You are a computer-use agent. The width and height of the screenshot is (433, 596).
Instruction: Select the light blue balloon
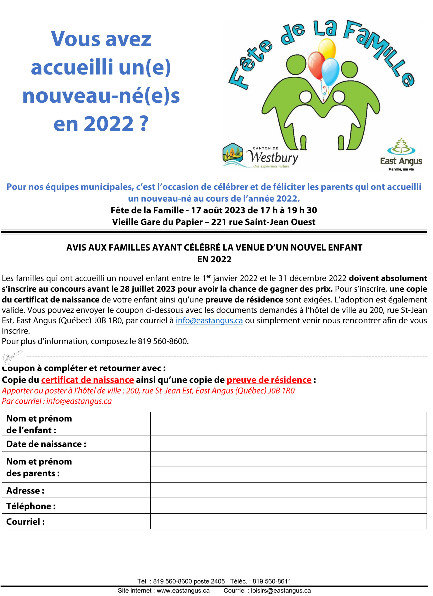point(330,71)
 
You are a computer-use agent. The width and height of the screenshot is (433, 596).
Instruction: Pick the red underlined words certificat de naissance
point(88,380)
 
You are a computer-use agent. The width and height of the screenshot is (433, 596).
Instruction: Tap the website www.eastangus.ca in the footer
point(183,591)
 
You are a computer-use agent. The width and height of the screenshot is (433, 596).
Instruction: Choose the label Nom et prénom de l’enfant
point(39,424)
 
